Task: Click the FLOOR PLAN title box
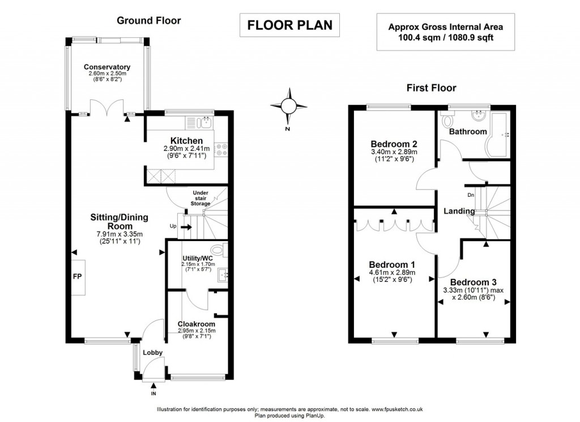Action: tap(289, 26)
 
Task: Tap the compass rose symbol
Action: tap(288, 106)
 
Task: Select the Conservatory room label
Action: tap(107, 67)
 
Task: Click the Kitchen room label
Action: tap(186, 141)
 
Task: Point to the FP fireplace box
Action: tap(78, 277)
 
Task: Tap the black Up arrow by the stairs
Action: tap(184, 227)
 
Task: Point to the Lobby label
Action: tap(152, 352)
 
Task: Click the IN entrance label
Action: tap(153, 393)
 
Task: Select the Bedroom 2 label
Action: tap(394, 144)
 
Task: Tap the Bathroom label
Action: tap(467, 132)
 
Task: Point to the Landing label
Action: tap(459, 211)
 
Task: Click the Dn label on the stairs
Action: tap(471, 195)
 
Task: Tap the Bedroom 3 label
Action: tap(474, 282)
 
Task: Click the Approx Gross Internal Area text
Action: tap(445, 27)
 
